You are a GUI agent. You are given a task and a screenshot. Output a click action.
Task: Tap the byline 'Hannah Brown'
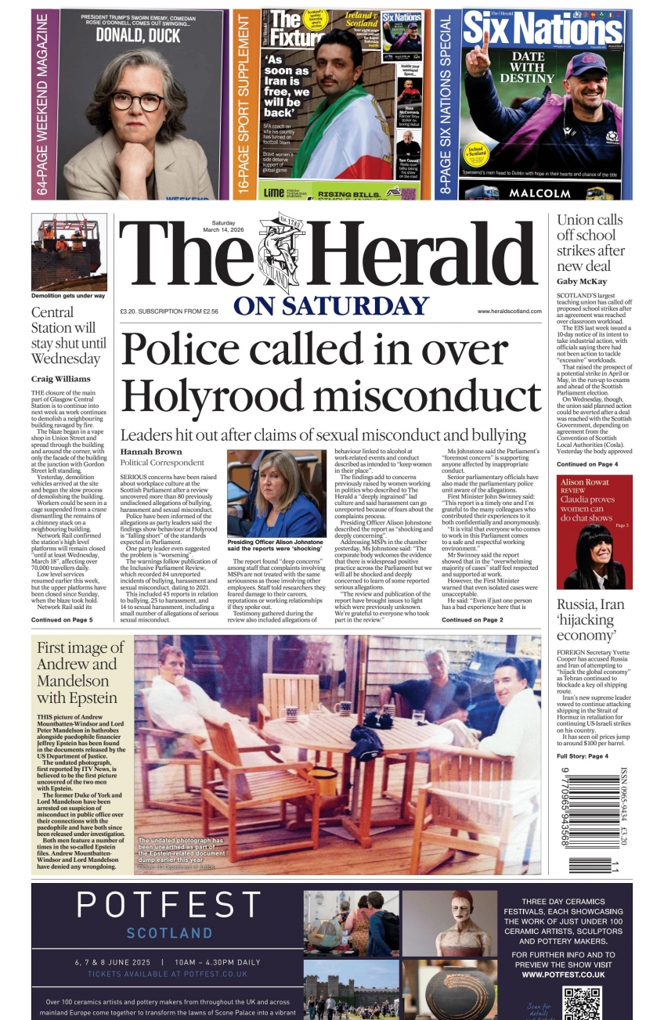click(151, 452)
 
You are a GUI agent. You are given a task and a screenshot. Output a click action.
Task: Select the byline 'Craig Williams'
click(60, 379)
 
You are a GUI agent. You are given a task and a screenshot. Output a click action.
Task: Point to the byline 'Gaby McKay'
click(583, 281)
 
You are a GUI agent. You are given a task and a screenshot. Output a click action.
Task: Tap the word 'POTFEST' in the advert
click(168, 906)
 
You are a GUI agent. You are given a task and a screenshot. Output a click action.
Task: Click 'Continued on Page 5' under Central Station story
click(62, 620)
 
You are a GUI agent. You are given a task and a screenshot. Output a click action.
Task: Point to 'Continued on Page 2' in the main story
click(472, 620)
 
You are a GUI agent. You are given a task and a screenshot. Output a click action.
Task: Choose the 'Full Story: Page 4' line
click(582, 756)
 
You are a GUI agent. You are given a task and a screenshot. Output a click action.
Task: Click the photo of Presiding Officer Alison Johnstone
click(276, 493)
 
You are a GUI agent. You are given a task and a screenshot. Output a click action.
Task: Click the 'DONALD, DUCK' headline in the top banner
click(138, 34)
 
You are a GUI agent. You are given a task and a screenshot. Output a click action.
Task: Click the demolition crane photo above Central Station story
click(69, 251)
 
